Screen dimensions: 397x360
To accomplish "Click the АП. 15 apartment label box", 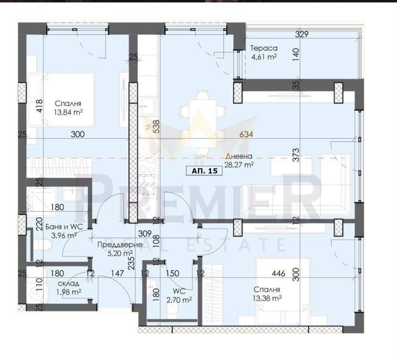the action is coord(204,171).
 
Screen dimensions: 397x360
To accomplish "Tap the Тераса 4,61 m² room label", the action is coord(264,52).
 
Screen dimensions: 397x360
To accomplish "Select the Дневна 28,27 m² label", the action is coord(239,161).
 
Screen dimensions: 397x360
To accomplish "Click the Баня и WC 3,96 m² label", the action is coord(64,231).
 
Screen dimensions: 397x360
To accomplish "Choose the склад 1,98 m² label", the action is coord(69,288).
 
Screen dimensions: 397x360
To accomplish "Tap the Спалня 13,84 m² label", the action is coord(68,108).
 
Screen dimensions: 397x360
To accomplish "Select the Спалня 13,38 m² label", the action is coord(267,294).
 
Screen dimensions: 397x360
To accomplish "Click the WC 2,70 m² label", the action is coord(179,295).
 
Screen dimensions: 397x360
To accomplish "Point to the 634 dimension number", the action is coord(246,134).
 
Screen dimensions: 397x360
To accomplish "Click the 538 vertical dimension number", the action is coord(157,127).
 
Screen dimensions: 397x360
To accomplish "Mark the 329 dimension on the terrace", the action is coord(302,34).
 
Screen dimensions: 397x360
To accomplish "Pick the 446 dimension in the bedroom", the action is coord(279,274).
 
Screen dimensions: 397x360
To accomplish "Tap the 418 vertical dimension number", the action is coord(40,106).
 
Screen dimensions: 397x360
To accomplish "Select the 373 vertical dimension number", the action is coord(296,155).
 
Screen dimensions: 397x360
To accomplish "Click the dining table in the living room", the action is coord(202,123).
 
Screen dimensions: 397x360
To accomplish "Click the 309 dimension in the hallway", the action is coord(144,233).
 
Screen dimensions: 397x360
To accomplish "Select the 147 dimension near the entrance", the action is coord(117,273).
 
